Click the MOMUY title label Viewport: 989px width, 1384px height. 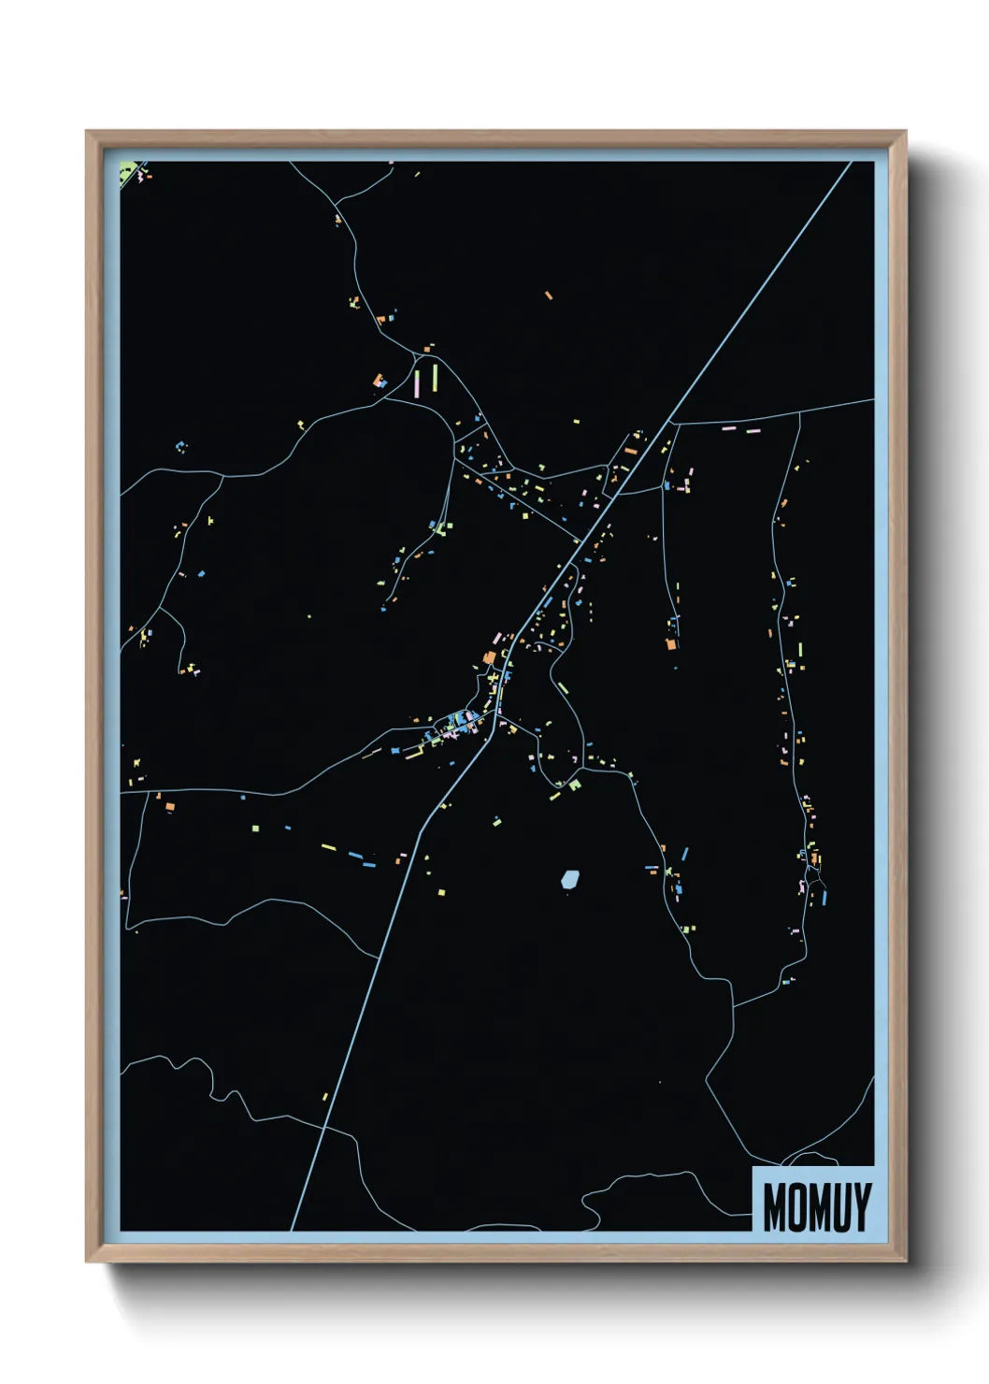tap(816, 1206)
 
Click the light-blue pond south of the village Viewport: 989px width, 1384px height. tap(569, 879)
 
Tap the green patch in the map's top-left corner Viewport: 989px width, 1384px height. tap(130, 170)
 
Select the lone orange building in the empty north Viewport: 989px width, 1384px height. tap(549, 296)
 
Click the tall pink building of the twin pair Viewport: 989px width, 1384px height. tap(417, 383)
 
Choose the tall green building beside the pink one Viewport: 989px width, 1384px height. tap(435, 379)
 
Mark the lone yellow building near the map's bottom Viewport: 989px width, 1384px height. tap(325, 1097)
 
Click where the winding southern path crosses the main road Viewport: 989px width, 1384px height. tap(323, 1129)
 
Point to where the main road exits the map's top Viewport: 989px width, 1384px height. tap(850, 163)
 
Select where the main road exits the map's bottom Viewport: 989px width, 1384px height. tap(292, 1230)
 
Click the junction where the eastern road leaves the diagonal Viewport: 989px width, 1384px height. tap(672, 424)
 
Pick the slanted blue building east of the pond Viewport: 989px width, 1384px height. tap(684, 853)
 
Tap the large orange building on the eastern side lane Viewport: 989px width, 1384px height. tap(670, 643)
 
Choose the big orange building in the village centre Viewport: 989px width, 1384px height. tap(489, 657)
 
